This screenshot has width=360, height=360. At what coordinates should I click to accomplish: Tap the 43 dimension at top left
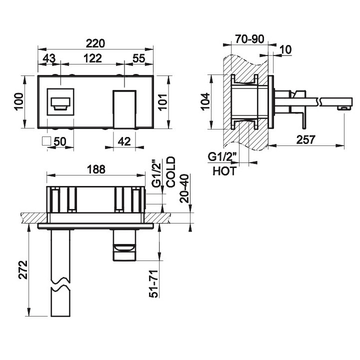[48, 58]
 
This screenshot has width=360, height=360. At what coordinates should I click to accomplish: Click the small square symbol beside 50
[47, 141]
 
